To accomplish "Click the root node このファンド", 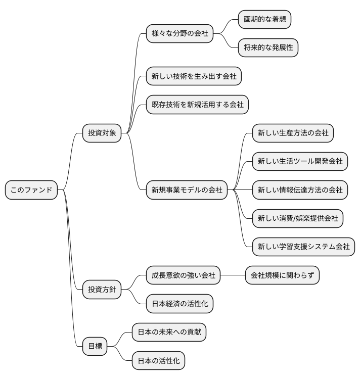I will coord(31,190).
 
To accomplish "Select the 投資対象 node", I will coord(102,133).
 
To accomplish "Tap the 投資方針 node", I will coord(102,290).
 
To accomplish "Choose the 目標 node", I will coord(95,346).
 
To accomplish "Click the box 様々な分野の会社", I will coord(179,34).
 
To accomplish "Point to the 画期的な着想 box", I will coord(265,20).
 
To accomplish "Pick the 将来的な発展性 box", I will coord(268,48).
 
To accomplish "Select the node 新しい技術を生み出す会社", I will coord(194,76).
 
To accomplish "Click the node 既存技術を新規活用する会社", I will coord(197,105).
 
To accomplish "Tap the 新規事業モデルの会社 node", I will coord(187,190).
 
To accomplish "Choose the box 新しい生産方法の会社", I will coord(293,133).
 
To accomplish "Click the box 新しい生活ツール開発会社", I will coord(300,161).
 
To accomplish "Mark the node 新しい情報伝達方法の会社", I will coord(300,190).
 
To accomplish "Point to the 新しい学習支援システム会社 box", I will coord(303,247).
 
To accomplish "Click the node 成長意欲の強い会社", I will coord(183,275).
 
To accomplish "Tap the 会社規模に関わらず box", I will coord(282,275).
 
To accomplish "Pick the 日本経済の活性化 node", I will coord(179,304).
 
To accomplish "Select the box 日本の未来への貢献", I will coord(169,332).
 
